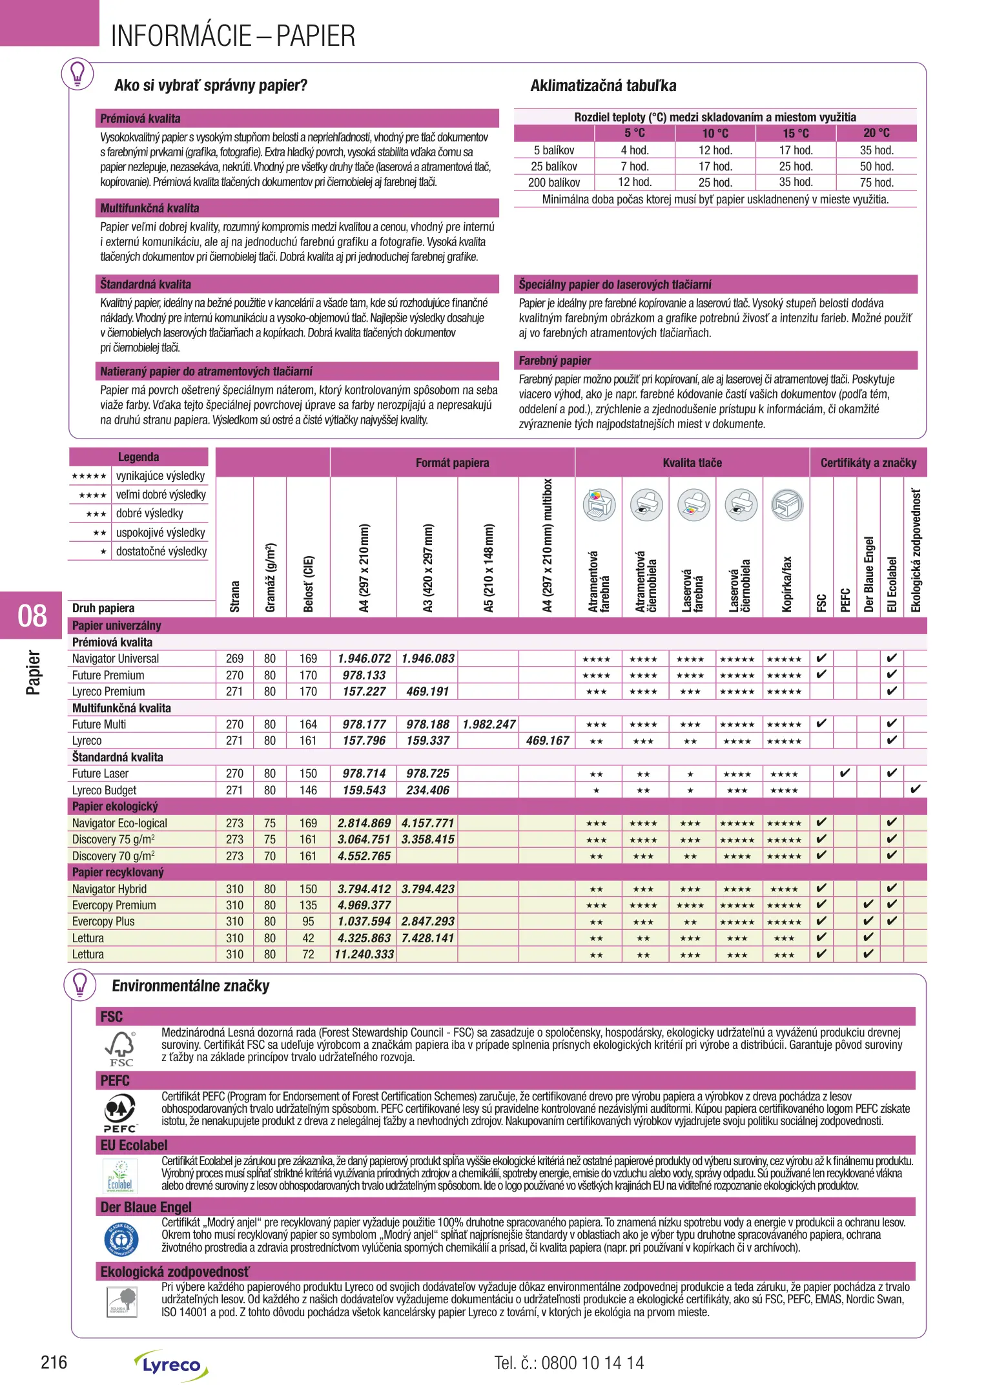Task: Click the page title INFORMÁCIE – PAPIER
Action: (233, 36)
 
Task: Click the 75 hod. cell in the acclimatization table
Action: (876, 183)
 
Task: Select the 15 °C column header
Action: (796, 134)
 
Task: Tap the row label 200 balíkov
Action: (554, 183)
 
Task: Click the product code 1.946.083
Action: (427, 659)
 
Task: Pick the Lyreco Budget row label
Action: (105, 790)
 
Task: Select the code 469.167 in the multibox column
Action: (547, 741)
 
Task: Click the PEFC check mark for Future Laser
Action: (845, 773)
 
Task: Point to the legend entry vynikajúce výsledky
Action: (160, 476)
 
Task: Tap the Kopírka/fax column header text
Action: (786, 584)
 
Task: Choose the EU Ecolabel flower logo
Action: (121, 1176)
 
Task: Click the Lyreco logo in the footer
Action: (171, 1365)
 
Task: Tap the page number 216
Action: (54, 1363)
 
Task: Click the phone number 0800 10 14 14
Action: (592, 1363)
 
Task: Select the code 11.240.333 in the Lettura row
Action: (364, 955)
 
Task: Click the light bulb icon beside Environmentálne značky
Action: (79, 986)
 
